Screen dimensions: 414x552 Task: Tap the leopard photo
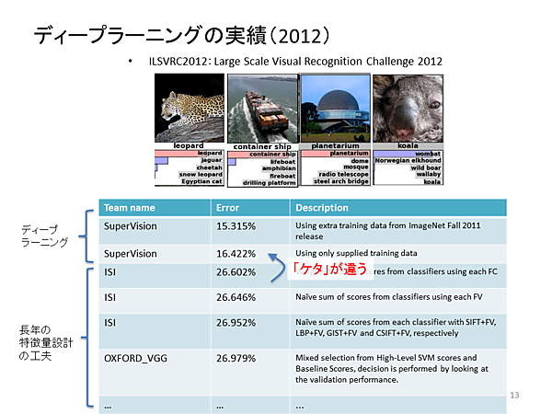(x=191, y=109)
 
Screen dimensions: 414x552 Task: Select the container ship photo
(x=263, y=109)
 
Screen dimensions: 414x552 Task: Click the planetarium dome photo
(x=335, y=109)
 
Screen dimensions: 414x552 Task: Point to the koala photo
(x=408, y=109)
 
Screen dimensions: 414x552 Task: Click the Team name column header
(x=130, y=208)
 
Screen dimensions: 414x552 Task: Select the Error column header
(x=226, y=208)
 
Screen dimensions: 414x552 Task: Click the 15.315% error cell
(x=237, y=225)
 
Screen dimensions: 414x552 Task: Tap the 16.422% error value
(x=237, y=253)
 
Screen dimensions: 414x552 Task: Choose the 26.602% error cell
(x=237, y=272)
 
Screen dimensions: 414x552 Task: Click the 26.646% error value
(x=237, y=297)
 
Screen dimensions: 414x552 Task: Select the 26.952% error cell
(x=237, y=325)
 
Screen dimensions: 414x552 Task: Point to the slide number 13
(x=515, y=394)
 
